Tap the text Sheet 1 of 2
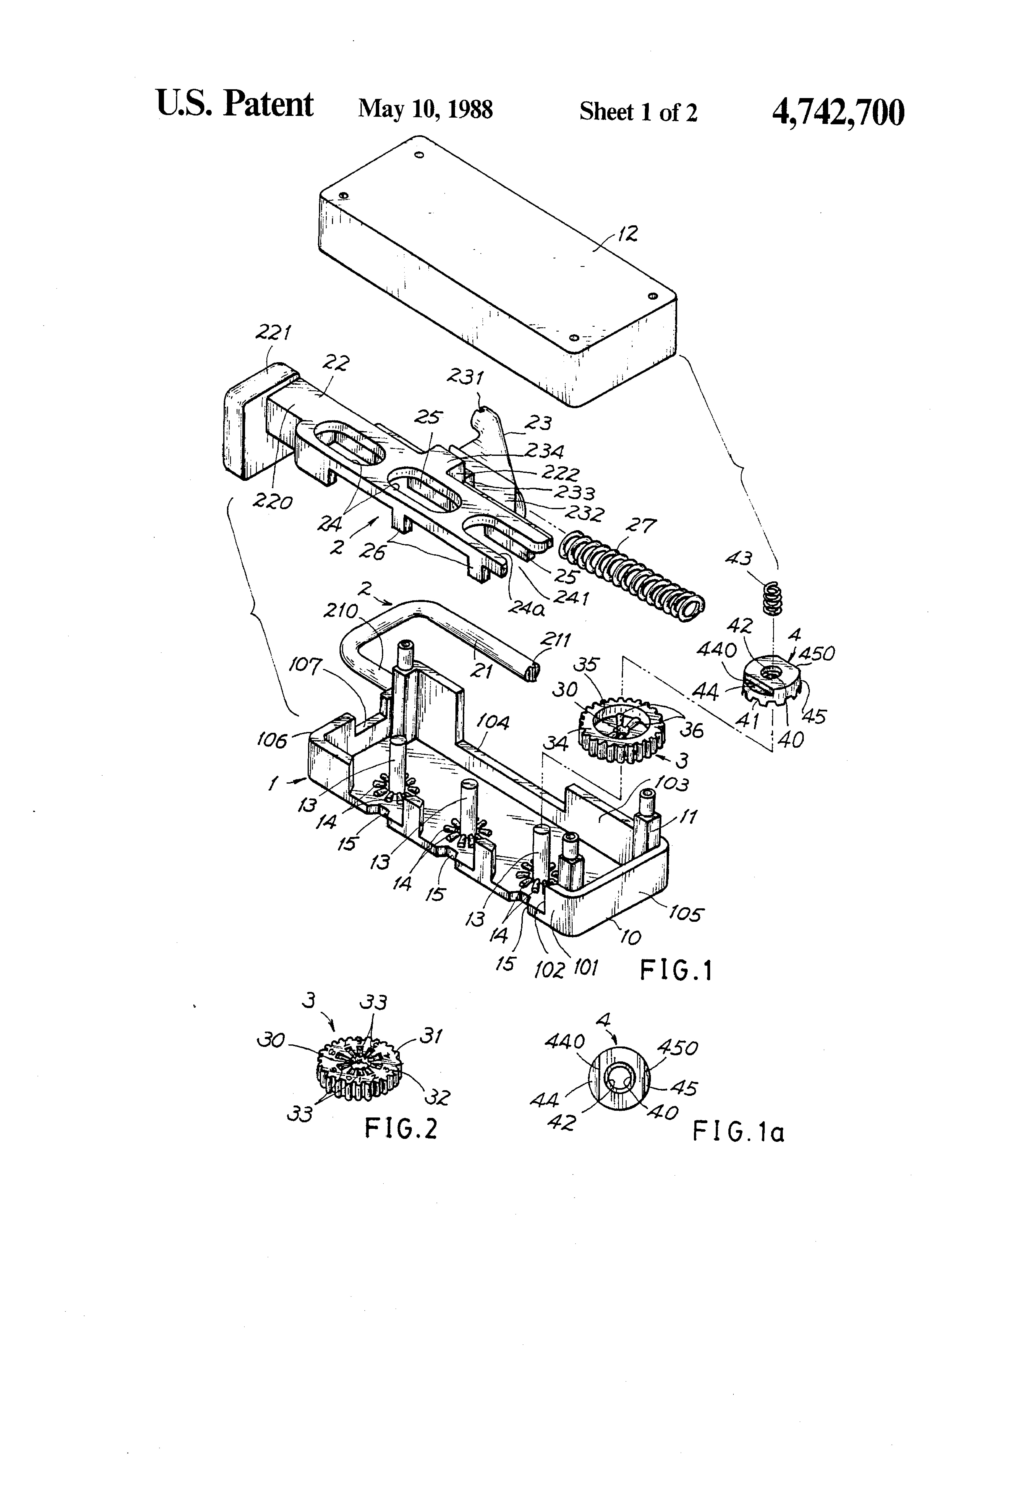click(x=638, y=112)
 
